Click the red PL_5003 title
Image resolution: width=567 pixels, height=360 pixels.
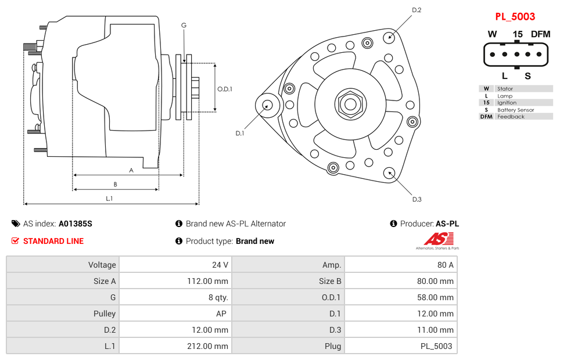[515, 16]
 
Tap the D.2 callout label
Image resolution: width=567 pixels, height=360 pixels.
[417, 10]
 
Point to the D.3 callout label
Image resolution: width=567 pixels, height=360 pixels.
[417, 199]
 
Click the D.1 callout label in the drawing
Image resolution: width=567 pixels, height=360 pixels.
[240, 133]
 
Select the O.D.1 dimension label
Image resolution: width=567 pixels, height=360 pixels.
[225, 89]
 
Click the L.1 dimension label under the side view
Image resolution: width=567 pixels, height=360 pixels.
[109, 199]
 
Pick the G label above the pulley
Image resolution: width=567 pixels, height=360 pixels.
[184, 25]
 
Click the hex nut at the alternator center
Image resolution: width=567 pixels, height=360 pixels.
[350, 105]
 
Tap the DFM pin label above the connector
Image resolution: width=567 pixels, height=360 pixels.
[540, 34]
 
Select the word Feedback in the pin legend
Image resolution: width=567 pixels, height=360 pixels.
[511, 117]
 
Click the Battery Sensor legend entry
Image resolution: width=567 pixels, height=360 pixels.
[515, 110]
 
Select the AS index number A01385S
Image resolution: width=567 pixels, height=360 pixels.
[76, 224]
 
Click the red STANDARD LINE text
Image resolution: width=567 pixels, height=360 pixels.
[53, 241]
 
